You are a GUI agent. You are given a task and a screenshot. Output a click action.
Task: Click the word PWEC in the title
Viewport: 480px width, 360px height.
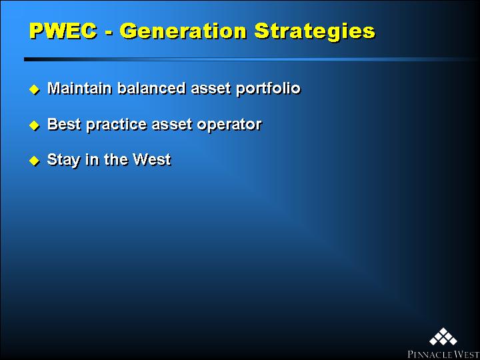tap(63, 31)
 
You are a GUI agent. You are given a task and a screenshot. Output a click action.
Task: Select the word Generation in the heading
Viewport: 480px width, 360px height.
tap(183, 31)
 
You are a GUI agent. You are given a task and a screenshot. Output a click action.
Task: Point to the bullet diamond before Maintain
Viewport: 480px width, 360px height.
tap(34, 89)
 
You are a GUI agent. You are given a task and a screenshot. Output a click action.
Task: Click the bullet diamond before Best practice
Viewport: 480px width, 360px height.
tap(34, 125)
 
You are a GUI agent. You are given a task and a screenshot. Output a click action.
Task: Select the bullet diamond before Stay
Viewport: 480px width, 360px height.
tap(34, 161)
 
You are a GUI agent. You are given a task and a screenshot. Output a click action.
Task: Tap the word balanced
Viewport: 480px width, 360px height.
tap(151, 88)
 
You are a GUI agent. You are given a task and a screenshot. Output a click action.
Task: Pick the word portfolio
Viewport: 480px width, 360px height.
tap(268, 89)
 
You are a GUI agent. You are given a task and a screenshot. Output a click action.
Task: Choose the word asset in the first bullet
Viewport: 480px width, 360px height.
tap(211, 89)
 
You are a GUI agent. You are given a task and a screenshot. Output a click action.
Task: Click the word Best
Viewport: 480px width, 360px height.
tap(64, 124)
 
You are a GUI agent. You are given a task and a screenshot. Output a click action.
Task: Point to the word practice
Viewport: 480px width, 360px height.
tap(116, 125)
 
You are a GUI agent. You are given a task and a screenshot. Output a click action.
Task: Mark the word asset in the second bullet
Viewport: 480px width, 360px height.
tap(172, 125)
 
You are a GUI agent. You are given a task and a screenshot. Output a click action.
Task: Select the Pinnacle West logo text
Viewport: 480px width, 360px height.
tap(443, 354)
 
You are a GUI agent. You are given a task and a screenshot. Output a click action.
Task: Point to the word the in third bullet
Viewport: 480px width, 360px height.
tap(116, 159)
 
